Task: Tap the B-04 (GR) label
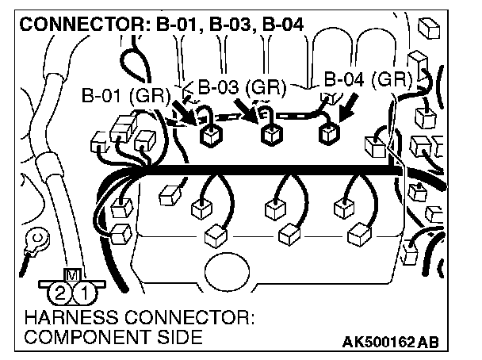pos(367,80)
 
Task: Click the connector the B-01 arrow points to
pos(210,136)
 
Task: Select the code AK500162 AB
pos(390,342)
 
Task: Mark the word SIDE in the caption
pos(181,337)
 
